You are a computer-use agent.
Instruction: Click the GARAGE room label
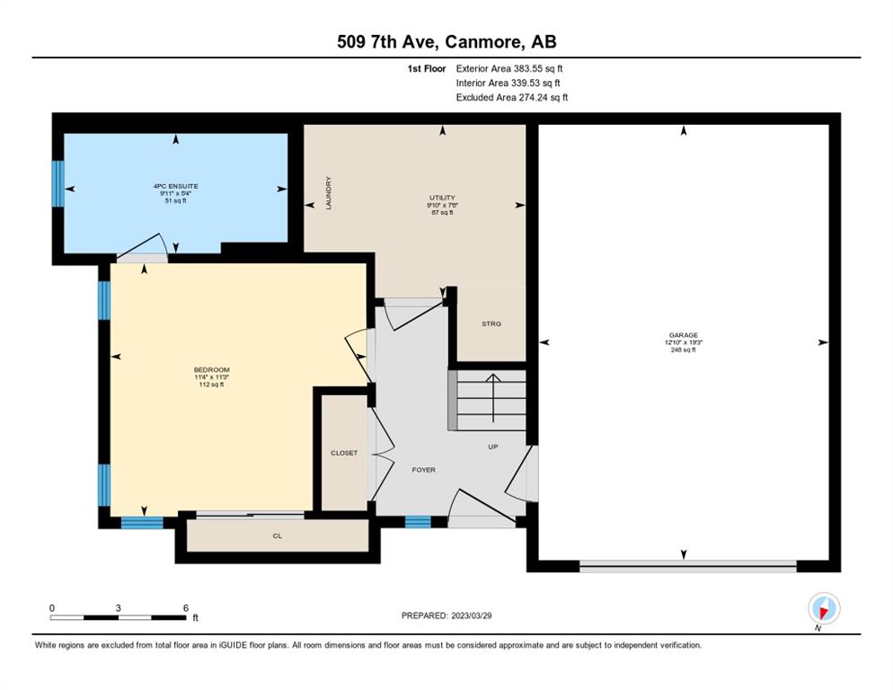[x=684, y=336]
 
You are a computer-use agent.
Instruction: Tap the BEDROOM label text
[x=211, y=370]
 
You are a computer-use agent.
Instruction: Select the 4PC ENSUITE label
[x=175, y=186]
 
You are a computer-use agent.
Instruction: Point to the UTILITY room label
[x=443, y=198]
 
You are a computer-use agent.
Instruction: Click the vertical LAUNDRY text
[x=329, y=192]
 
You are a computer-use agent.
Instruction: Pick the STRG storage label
[x=491, y=323]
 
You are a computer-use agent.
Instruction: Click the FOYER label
[x=424, y=470]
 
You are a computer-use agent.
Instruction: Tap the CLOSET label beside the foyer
[x=344, y=453]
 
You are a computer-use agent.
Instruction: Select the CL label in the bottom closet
[x=278, y=536]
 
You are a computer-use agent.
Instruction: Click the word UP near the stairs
[x=493, y=447]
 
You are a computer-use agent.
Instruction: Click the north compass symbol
[x=824, y=608]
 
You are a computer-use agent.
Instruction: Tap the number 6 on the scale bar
[x=186, y=608]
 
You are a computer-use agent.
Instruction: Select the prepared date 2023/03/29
[x=472, y=616]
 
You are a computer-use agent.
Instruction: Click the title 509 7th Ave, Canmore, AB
[x=446, y=41]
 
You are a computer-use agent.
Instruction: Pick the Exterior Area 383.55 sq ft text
[x=509, y=68]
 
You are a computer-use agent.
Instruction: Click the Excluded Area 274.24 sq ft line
[x=512, y=97]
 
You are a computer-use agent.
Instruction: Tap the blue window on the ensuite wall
[x=58, y=183]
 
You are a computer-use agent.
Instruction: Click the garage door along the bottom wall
[x=688, y=566]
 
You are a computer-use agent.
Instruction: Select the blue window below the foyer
[x=418, y=522]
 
